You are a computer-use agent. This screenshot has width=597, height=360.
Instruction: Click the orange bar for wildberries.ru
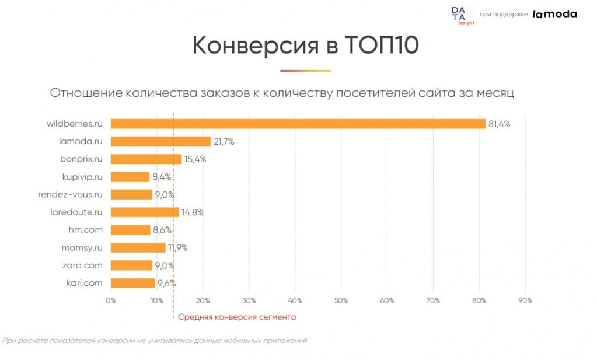click(298, 124)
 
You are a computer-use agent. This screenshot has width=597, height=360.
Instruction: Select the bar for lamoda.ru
click(160, 141)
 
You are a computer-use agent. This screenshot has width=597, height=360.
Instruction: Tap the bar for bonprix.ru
click(146, 159)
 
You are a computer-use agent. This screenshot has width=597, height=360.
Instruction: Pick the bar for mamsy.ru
click(138, 247)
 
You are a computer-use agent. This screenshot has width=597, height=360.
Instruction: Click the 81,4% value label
click(498, 124)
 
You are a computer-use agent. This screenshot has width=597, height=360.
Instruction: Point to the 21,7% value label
click(223, 142)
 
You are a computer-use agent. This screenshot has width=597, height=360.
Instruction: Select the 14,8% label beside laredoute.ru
click(192, 212)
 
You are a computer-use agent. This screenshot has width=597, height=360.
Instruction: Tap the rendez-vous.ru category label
click(71, 194)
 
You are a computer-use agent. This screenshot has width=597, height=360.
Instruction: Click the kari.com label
click(85, 283)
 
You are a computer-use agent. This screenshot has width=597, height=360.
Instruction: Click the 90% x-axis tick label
click(525, 300)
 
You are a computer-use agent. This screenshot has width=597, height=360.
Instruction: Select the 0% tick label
click(110, 300)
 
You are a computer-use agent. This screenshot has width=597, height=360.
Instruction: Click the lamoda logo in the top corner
click(554, 14)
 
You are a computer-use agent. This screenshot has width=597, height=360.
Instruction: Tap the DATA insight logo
click(459, 15)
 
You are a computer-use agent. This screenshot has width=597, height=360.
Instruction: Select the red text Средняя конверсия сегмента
click(237, 317)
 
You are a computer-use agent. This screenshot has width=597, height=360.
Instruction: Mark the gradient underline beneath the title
click(305, 71)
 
